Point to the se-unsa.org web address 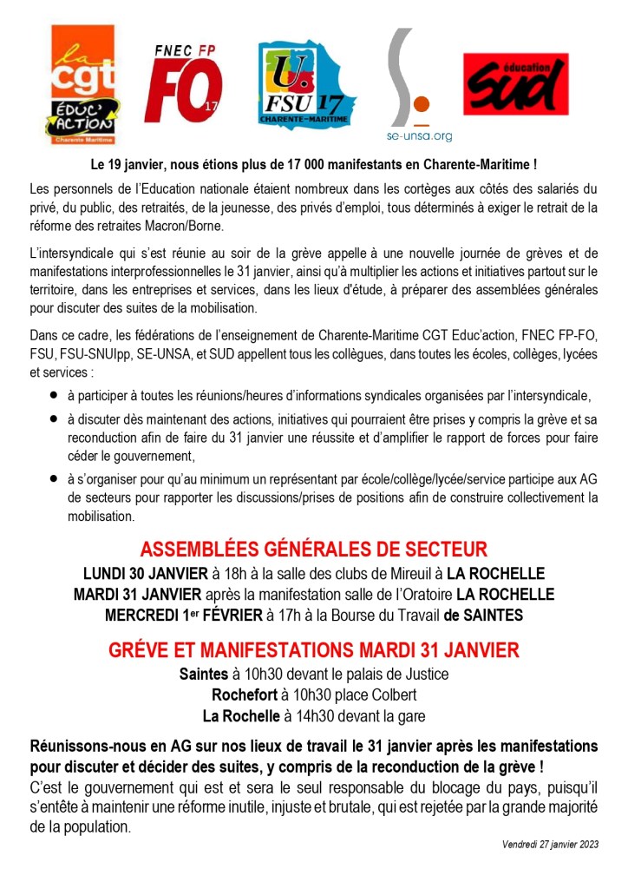click(419, 136)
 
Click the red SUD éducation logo click(515, 84)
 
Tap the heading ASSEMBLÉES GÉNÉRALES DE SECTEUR click(313, 549)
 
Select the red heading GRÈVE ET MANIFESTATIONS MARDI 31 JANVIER click(313, 649)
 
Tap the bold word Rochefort click(244, 695)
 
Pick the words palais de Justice click(408, 674)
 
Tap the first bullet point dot click(53, 394)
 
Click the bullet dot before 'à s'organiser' click(53, 478)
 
